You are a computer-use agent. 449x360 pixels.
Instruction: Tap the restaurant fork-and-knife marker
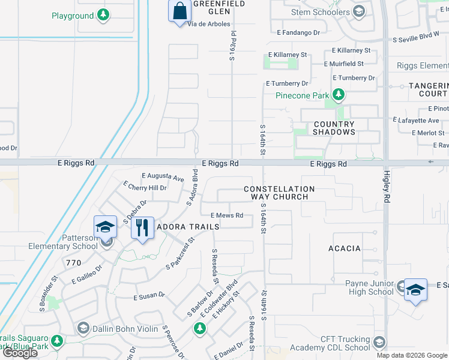(x=142, y=228)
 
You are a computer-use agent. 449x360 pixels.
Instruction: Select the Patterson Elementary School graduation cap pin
(x=105, y=227)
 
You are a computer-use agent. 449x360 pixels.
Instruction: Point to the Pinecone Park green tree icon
(x=339, y=95)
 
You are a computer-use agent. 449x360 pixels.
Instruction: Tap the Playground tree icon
(x=103, y=15)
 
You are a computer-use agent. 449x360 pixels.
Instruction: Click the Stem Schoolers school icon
(x=358, y=11)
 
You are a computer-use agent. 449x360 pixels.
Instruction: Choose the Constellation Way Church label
(x=276, y=193)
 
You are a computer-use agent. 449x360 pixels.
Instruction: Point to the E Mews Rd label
(x=226, y=215)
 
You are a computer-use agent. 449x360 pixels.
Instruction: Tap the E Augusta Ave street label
(x=162, y=178)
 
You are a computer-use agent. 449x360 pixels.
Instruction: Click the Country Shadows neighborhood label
(x=334, y=128)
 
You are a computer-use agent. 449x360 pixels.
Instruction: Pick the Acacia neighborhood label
(x=344, y=248)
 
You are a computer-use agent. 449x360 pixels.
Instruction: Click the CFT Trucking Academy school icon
(x=379, y=343)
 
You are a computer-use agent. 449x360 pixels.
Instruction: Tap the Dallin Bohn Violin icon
(x=83, y=328)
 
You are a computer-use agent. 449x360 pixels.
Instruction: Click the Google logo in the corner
(x=21, y=353)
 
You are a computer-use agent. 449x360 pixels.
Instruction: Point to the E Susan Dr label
(x=149, y=296)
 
